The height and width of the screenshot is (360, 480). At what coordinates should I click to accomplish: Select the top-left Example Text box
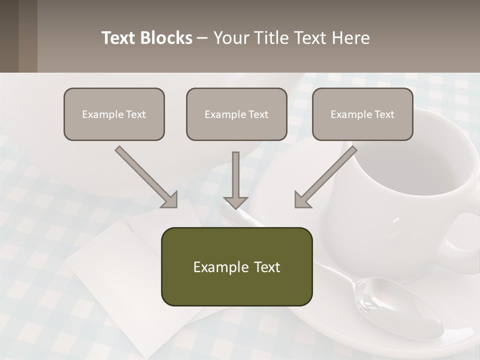click(x=114, y=114)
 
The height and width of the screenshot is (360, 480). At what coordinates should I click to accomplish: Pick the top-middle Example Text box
click(x=236, y=114)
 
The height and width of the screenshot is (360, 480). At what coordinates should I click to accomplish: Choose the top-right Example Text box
click(x=362, y=114)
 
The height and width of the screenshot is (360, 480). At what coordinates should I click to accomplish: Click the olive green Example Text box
click(x=236, y=266)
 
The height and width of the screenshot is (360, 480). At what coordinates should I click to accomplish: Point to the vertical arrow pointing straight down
click(x=235, y=180)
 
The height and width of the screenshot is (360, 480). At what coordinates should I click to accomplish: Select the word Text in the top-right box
click(x=384, y=114)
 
